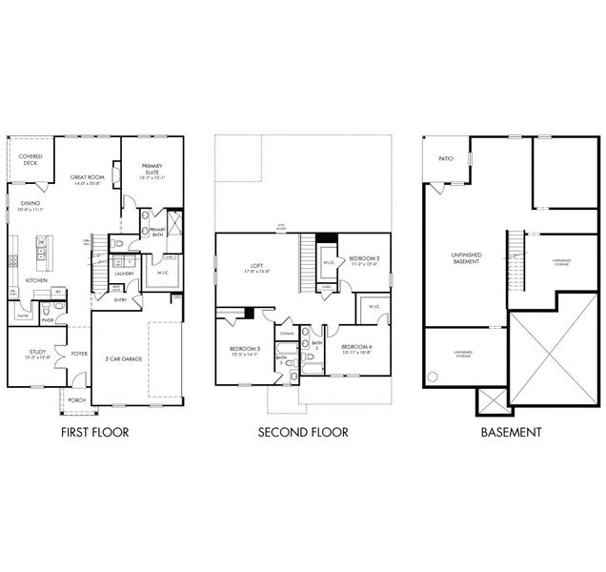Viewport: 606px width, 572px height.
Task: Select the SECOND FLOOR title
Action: [303, 433]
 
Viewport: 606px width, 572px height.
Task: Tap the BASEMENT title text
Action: [511, 433]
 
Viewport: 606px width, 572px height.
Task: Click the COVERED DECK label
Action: [30, 159]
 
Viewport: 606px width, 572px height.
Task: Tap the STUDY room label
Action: [25, 354]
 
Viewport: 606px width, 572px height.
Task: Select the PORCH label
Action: [76, 399]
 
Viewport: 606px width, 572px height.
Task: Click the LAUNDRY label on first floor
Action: [124, 274]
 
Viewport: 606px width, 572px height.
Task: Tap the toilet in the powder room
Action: [45, 310]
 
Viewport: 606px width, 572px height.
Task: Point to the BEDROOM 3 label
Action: [245, 350]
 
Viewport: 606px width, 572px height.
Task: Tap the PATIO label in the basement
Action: [445, 159]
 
